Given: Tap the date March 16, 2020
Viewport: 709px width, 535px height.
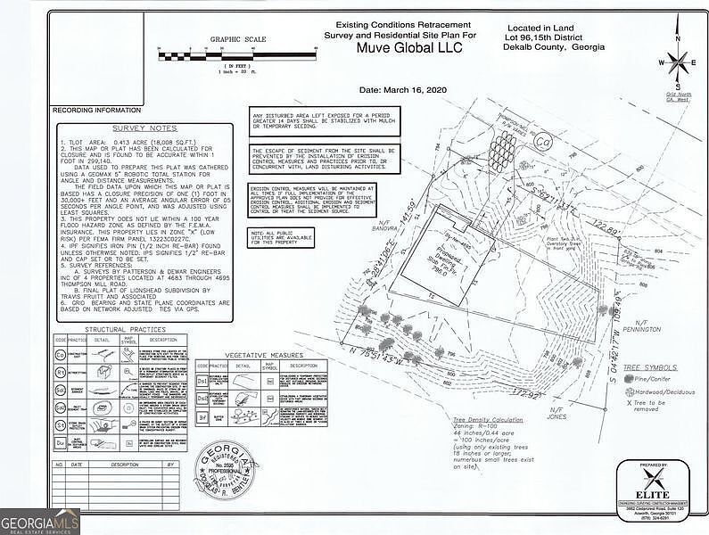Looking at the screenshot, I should pos(401,90).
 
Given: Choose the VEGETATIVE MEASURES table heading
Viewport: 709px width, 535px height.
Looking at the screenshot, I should pos(263,355).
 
